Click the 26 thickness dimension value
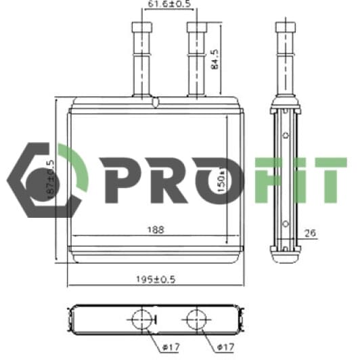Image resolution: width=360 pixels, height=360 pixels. click(x=311, y=234)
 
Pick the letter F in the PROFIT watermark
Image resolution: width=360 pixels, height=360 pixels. click(x=271, y=179)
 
